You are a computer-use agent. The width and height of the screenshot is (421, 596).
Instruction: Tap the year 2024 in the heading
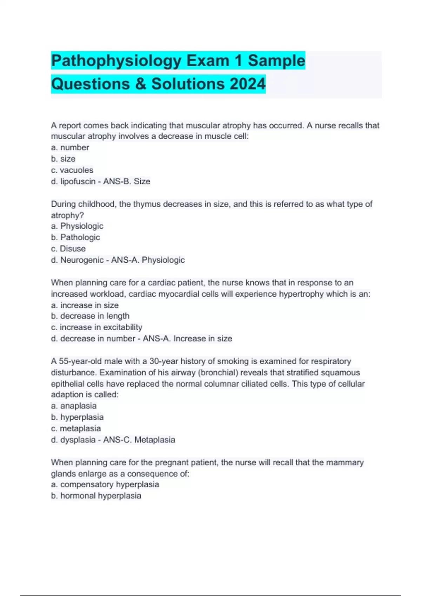click(248, 84)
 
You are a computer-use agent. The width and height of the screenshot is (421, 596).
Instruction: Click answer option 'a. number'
click(70, 148)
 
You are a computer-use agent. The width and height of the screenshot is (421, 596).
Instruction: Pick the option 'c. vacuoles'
click(72, 170)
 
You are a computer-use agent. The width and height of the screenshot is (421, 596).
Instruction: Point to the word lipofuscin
click(78, 181)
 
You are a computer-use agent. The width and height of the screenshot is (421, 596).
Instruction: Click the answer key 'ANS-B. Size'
click(127, 181)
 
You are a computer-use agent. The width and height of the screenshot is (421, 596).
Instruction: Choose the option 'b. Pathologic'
click(75, 237)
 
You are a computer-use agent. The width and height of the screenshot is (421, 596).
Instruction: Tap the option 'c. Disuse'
click(68, 249)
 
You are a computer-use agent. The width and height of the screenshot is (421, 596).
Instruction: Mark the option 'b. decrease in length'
click(90, 316)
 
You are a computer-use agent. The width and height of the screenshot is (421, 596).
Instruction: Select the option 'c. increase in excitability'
click(96, 327)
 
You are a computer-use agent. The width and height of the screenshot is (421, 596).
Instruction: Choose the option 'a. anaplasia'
click(74, 406)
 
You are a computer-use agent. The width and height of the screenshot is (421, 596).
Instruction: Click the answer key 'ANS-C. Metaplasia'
click(139, 440)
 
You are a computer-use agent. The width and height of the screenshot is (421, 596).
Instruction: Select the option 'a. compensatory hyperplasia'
click(105, 485)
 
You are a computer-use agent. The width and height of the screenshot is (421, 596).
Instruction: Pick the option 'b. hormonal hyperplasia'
click(96, 496)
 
